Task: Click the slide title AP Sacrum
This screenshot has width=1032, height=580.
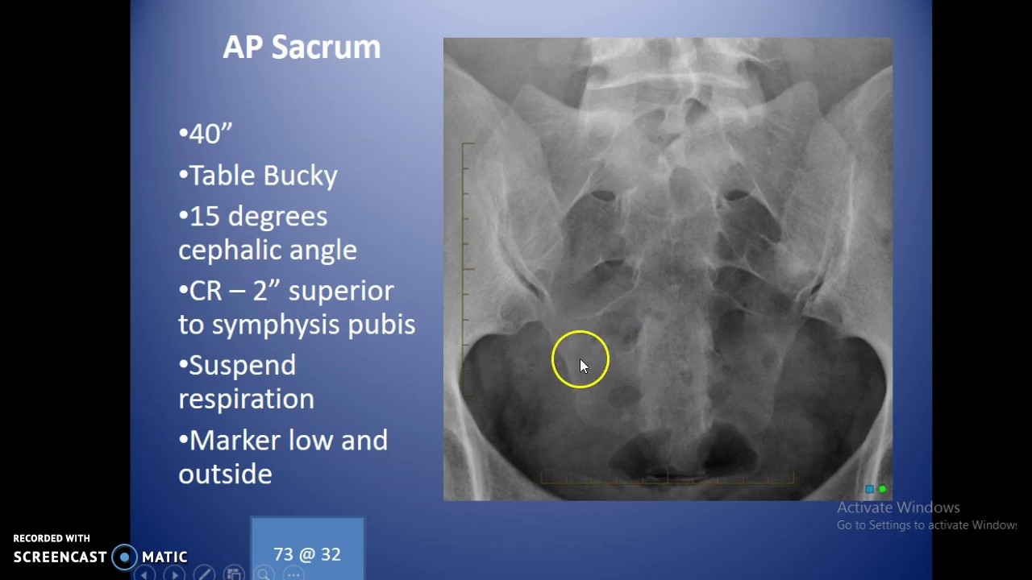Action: pos(302,48)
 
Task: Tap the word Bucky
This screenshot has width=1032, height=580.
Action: pos(302,176)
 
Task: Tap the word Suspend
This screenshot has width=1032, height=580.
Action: pos(242,366)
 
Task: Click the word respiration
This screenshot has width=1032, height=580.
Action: pos(246,400)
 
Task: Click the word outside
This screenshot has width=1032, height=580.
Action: pos(225,474)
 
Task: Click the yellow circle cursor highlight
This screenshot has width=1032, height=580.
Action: pos(580,359)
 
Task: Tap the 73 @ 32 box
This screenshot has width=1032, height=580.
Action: pos(307,554)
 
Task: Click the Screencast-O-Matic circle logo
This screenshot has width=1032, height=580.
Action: pos(125,557)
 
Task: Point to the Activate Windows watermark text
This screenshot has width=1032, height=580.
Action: pos(898,507)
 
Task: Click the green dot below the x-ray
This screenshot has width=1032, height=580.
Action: pos(883,489)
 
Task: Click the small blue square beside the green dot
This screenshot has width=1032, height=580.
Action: pos(869,489)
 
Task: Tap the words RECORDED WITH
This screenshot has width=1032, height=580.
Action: pos(52,538)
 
